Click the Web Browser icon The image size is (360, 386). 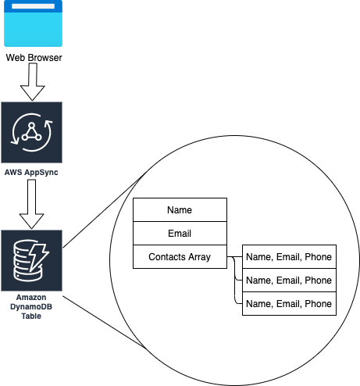(33, 23)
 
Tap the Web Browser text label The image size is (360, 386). (34, 58)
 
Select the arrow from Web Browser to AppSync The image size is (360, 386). (33, 82)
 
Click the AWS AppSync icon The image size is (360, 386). (31, 132)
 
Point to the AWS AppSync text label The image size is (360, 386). (31, 172)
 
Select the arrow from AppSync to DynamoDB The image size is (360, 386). (31, 204)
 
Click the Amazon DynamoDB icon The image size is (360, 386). (31, 260)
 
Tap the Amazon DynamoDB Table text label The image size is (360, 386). (31, 306)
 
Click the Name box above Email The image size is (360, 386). (180, 209)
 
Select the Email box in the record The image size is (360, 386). (180, 233)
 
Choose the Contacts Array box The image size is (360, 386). (180, 256)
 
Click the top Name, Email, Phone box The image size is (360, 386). (289, 256)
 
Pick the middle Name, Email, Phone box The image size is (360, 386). (289, 280)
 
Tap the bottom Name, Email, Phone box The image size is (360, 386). (289, 303)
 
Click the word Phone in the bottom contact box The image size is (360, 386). (318, 304)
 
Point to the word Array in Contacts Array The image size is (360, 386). (199, 257)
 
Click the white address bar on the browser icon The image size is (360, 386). (33, 6)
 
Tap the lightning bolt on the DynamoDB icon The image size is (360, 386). (38, 257)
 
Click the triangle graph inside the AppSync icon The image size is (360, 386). (31, 132)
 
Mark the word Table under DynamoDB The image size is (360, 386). (31, 316)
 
